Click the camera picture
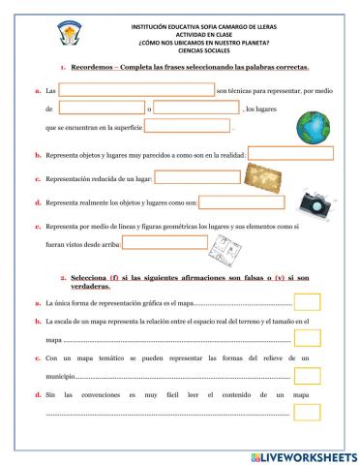(315, 201)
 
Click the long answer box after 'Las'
(136, 90)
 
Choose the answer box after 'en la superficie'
(188, 125)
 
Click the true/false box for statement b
(307, 338)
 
